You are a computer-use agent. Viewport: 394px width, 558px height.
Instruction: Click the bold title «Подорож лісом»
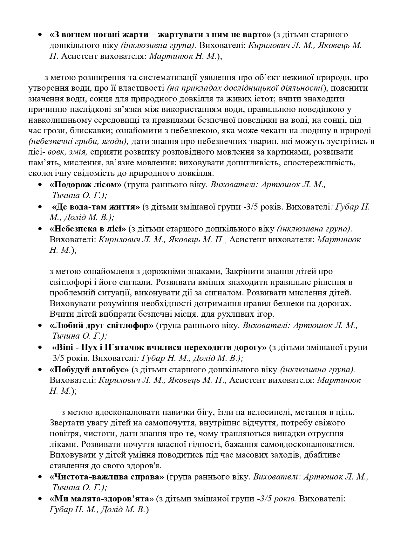(x=85, y=185)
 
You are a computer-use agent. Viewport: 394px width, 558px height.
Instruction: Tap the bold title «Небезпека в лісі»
(x=88, y=229)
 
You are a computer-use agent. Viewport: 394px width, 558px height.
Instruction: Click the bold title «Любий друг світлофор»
(x=101, y=326)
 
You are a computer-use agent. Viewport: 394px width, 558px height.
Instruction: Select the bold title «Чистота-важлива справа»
(x=107, y=477)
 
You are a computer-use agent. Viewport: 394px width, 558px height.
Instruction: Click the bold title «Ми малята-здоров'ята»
(x=101, y=499)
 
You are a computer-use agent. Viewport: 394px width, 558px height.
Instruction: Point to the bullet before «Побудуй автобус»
(x=40, y=370)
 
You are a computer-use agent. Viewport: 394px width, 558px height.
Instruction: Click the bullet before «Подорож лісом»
(x=40, y=185)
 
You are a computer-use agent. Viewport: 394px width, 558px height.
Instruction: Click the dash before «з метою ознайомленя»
(x=42, y=272)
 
